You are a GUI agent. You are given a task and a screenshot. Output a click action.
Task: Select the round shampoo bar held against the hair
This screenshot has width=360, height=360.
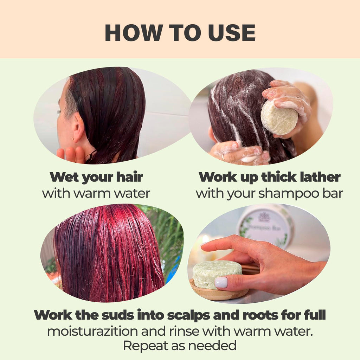[x=279, y=118]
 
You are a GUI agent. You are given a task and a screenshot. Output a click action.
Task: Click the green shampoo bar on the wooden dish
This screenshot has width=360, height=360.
[x=217, y=274]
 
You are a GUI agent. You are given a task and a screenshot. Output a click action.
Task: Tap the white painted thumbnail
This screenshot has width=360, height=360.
[x=221, y=283]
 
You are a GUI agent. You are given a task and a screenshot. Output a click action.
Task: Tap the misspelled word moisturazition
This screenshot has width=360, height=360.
[x=92, y=332]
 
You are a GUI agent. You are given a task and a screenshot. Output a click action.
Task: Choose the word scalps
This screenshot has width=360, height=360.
[x=188, y=315]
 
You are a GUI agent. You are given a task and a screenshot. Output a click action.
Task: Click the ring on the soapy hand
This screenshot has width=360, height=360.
[x=223, y=157]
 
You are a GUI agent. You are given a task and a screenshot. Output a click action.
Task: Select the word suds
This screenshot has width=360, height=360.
[x=118, y=315]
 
